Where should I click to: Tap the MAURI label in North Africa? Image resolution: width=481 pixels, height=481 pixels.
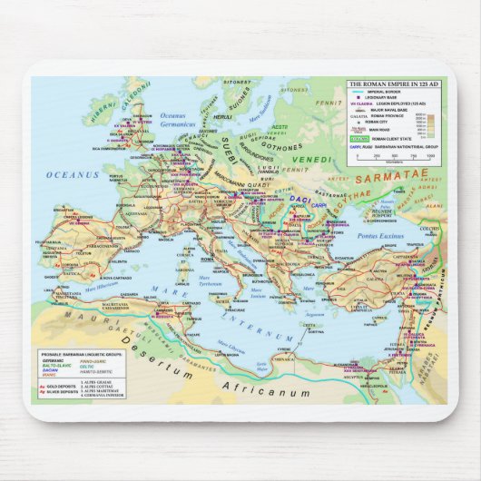[91, 314]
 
